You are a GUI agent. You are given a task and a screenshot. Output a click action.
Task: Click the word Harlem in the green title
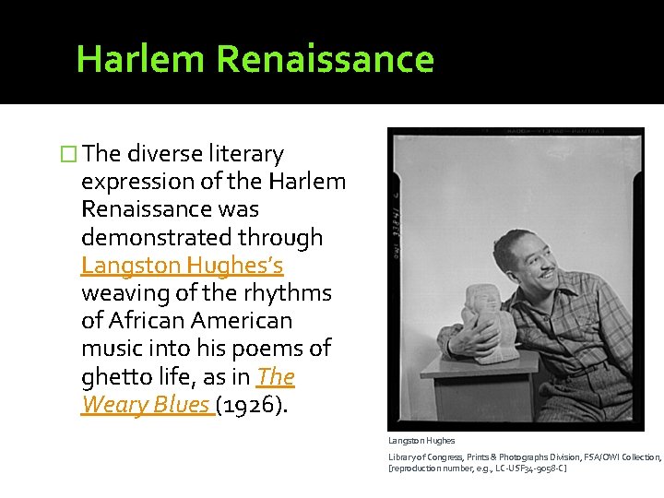point(141,58)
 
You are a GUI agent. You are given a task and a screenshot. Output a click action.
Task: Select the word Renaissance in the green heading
point(325,58)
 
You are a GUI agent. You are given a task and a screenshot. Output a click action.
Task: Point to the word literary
point(246,154)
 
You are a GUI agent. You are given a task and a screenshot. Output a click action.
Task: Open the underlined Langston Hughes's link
point(182,266)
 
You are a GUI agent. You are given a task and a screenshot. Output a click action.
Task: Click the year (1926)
point(253,405)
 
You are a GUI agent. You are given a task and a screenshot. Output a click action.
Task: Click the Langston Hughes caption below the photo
point(421,441)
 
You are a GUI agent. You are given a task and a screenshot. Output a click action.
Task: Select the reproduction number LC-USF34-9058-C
point(529,468)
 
